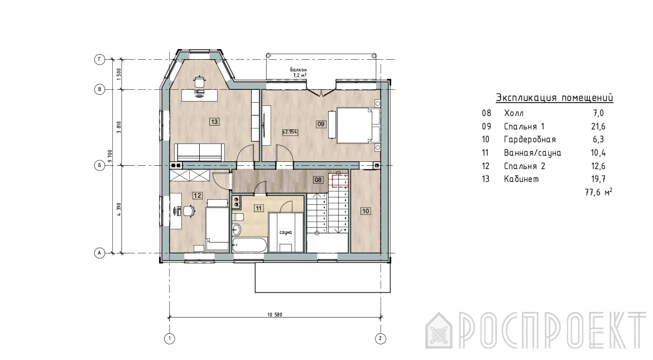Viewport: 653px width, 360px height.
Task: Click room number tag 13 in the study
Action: click(214, 122)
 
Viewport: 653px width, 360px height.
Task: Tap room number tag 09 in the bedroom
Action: click(321, 124)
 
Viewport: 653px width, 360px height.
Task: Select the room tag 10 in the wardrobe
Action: click(365, 211)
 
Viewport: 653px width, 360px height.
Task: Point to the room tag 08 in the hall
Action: click(318, 180)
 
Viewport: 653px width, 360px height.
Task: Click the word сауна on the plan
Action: click(286, 233)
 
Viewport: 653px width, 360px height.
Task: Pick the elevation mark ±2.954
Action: click(290, 132)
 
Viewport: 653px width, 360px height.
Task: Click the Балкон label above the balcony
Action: click(299, 70)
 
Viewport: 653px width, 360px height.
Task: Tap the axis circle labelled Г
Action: click(99, 59)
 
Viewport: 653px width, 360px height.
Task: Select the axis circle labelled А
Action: click(99, 252)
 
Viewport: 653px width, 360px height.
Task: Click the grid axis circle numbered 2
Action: click(380, 338)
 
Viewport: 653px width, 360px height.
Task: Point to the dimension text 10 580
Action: click(275, 315)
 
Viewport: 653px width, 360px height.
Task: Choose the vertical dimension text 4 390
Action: click(119, 209)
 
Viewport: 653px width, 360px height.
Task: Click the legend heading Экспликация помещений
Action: click(554, 98)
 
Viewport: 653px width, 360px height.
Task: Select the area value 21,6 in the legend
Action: click(598, 126)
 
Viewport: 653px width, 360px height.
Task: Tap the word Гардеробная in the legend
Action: click(530, 139)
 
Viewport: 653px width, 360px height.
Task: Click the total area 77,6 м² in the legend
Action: click(598, 192)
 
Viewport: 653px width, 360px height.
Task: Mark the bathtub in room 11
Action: click(249, 245)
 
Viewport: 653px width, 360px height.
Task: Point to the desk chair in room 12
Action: click(189, 210)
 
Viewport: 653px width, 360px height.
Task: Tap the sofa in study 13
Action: click(199, 152)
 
